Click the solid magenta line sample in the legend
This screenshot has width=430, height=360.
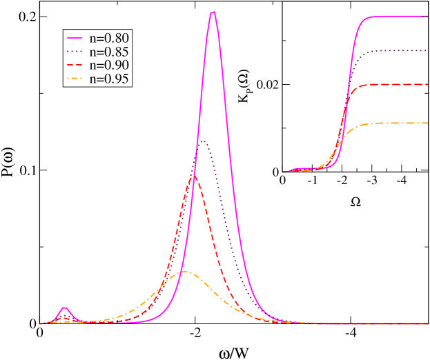point(75,37)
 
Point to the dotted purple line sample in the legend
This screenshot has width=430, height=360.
point(75,51)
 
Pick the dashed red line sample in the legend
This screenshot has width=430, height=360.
point(75,65)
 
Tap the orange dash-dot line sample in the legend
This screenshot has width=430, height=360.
point(75,79)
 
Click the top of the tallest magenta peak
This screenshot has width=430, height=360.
point(213,12)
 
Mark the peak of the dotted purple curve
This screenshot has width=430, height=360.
point(203,141)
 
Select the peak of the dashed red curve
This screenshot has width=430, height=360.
point(195,176)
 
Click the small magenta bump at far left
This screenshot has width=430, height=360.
point(64,308)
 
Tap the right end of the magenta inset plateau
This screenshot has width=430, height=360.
point(427,16)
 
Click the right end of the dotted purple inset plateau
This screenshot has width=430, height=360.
point(427,50)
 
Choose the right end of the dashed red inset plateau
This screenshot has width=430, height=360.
point(427,84)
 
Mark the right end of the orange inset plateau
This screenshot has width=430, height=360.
point(427,123)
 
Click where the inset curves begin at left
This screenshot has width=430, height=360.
point(283,172)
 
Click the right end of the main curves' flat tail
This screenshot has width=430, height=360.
point(427,323)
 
